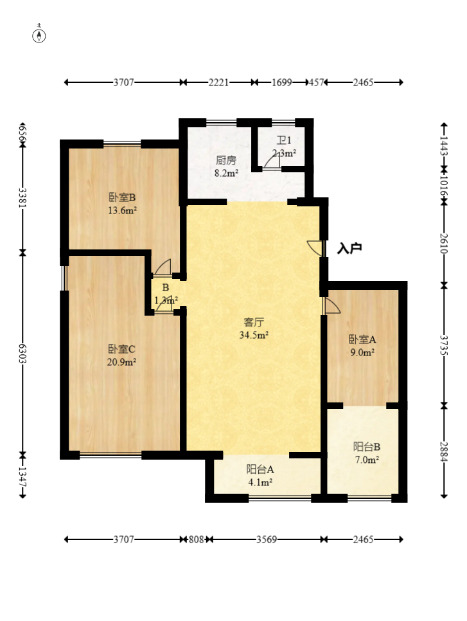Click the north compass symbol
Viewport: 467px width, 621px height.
(x=39, y=36)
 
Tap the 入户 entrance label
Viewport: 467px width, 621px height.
(x=349, y=249)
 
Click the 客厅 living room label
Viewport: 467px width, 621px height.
(x=254, y=322)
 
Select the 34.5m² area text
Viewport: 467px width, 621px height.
(x=254, y=335)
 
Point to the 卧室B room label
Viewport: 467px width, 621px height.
(x=122, y=197)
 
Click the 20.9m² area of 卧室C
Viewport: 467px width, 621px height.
(x=122, y=361)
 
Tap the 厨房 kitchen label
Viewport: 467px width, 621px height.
(x=226, y=160)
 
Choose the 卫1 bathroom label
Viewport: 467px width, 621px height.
(x=284, y=140)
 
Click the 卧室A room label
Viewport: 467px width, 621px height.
(x=362, y=339)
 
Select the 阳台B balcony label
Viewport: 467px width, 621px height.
(x=367, y=447)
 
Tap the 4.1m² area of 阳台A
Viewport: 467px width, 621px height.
(x=260, y=482)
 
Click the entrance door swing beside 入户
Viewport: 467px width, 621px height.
(x=315, y=248)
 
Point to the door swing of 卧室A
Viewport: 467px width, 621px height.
(x=331, y=306)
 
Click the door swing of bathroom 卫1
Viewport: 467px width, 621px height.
(x=272, y=161)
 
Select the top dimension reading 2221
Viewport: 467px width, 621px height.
(x=218, y=82)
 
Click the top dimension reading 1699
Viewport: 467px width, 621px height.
(x=282, y=82)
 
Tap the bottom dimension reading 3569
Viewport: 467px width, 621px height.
(x=267, y=539)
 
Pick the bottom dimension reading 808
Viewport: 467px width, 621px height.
(x=196, y=539)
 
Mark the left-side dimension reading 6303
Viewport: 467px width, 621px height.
(x=22, y=354)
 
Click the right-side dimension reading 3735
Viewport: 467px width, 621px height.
(x=444, y=346)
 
